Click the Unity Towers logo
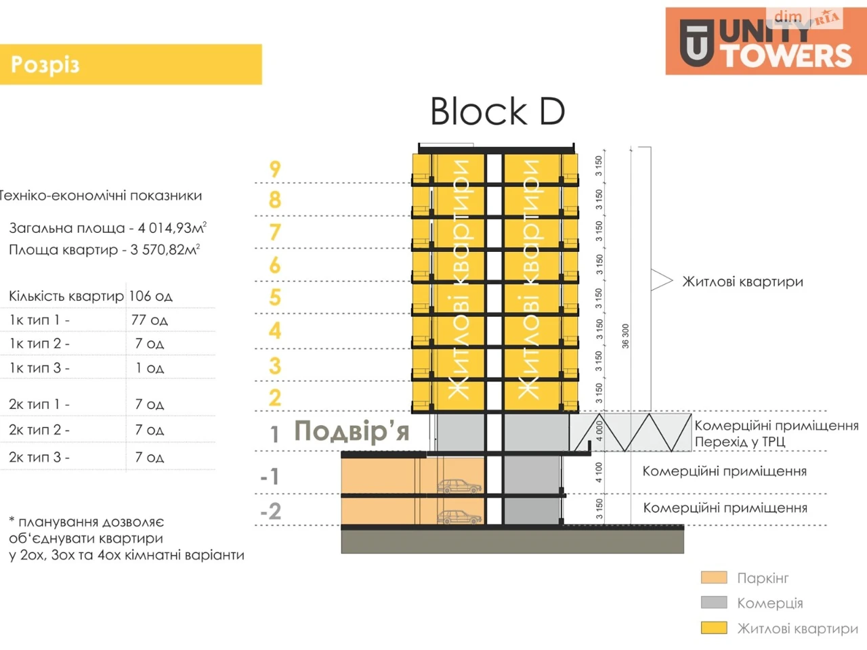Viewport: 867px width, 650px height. pyautogui.click(x=766, y=41)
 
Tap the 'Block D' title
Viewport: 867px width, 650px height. pyautogui.click(x=497, y=112)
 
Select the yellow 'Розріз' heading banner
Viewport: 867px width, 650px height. pyautogui.click(x=131, y=64)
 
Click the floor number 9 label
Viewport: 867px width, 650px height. pyautogui.click(x=275, y=169)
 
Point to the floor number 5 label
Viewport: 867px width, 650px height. pyautogui.click(x=275, y=297)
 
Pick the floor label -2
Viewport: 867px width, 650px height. pyautogui.click(x=271, y=511)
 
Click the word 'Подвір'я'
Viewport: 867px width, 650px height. pyautogui.click(x=352, y=431)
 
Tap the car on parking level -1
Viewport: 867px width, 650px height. pyautogui.click(x=460, y=486)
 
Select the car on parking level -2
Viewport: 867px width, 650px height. pyautogui.click(x=460, y=517)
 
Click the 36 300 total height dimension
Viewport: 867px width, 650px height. pyautogui.click(x=625, y=337)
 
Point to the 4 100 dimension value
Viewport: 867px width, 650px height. pyautogui.click(x=599, y=473)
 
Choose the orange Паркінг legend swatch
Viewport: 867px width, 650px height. pyautogui.click(x=714, y=578)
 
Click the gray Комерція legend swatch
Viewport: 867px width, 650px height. pyautogui.click(x=714, y=603)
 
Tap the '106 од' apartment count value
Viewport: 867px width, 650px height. pyautogui.click(x=150, y=296)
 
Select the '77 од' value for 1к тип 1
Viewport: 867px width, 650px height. pyautogui.click(x=149, y=320)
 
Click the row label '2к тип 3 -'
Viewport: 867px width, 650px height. pyautogui.click(x=39, y=457)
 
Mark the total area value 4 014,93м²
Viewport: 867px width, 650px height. pyautogui.click(x=172, y=227)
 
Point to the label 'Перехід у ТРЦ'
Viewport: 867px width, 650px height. pyautogui.click(x=740, y=441)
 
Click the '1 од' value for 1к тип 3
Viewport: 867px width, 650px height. pyautogui.click(x=149, y=368)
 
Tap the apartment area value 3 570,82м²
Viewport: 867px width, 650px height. pyautogui.click(x=165, y=249)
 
